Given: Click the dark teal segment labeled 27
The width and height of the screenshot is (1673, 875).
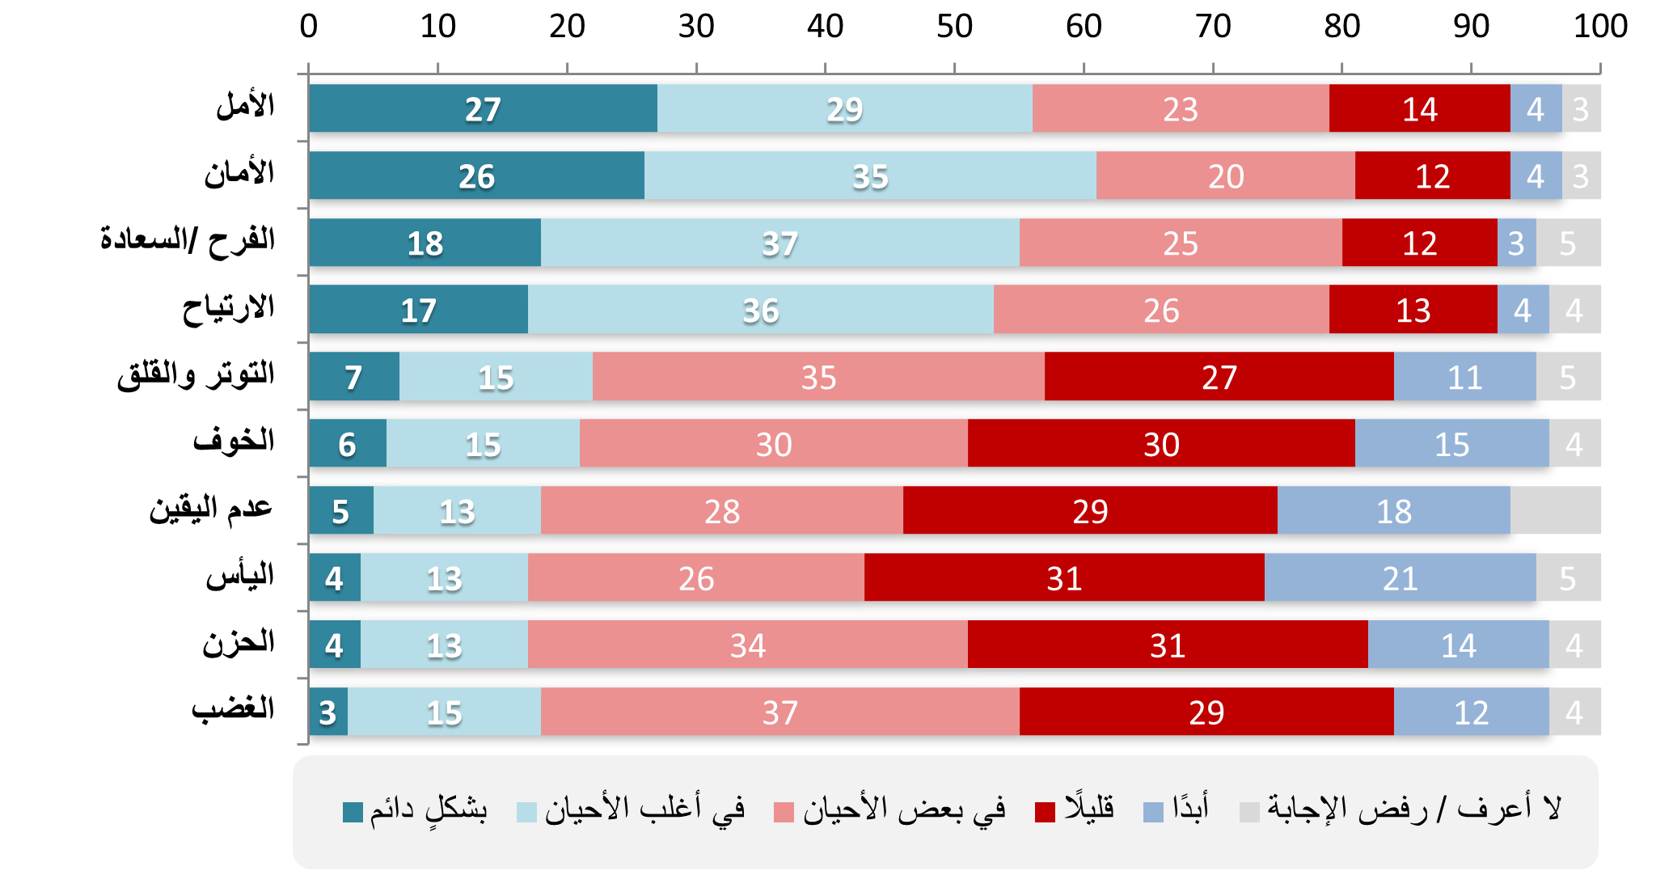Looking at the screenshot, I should click(483, 108).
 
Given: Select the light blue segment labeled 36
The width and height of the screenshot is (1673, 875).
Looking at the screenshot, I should click(760, 310).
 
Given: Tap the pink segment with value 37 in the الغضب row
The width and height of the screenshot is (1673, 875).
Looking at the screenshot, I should click(779, 712).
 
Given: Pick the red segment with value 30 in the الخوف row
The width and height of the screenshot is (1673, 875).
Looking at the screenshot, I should click(1161, 444).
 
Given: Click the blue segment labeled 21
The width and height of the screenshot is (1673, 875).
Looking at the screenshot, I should click(1400, 578).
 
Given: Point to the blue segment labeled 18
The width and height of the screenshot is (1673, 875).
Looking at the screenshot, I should click(1393, 511).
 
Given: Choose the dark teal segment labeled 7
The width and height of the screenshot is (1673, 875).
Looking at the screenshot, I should click(353, 377).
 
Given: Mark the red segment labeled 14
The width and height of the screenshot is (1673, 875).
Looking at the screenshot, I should click(1419, 108).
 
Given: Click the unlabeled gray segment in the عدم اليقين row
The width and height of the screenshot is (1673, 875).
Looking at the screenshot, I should click(1555, 511).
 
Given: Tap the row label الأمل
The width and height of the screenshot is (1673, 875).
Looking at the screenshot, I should click(245, 106).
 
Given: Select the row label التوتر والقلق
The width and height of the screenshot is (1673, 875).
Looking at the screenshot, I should click(196, 374).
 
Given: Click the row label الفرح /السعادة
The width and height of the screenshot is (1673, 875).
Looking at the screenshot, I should click(188, 240).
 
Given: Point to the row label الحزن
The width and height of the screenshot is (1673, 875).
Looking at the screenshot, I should click(239, 643).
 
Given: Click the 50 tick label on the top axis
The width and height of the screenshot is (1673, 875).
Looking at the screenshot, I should click(954, 27).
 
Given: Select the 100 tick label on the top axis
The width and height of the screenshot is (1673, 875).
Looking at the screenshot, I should click(1599, 27).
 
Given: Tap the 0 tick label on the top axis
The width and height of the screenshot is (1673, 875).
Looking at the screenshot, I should click(309, 27).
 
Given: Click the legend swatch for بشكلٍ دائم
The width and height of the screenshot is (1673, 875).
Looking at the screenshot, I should click(353, 812).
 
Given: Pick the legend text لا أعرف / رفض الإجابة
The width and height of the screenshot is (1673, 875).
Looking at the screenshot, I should click(1413, 808).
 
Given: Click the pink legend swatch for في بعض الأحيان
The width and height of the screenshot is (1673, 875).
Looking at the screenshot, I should click(784, 812).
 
